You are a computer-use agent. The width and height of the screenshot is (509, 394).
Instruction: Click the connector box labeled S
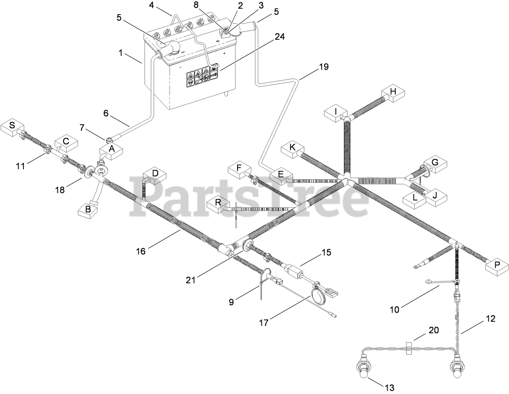(12, 126)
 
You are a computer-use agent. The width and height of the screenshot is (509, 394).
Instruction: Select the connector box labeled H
(392, 93)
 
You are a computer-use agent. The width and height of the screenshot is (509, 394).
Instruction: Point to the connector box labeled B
(88, 210)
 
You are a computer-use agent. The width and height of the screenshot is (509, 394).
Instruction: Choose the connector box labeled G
(435, 164)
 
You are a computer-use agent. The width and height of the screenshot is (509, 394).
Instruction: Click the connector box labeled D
(155, 175)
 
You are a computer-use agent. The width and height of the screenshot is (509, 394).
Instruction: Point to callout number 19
(323, 67)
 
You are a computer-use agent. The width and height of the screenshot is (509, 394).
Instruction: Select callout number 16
(140, 251)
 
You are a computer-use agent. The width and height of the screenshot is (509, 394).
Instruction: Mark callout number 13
(389, 388)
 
